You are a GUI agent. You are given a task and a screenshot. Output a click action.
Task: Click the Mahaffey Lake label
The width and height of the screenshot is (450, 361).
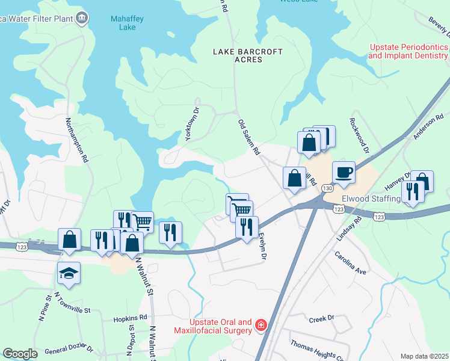(123, 23)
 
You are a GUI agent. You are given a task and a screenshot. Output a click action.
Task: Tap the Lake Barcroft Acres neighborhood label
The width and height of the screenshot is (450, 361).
(247, 55)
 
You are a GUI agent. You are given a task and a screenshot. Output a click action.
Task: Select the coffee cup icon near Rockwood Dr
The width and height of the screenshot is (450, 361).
(343, 172)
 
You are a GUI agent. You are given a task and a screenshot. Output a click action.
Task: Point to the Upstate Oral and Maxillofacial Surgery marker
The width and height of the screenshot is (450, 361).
(260, 326)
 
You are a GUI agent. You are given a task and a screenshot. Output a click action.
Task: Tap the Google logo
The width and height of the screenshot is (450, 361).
(20, 354)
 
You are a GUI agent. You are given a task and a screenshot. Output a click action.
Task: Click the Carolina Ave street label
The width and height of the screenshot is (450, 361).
(351, 263)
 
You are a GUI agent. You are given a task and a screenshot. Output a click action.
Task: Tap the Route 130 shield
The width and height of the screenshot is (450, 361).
(327, 188)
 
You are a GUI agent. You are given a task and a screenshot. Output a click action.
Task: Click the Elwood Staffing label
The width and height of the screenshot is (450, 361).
(371, 199)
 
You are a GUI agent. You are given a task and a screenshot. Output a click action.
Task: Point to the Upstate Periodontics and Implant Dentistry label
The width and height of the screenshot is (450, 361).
(408, 51)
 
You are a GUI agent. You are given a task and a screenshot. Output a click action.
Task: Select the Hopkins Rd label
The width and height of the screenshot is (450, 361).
(130, 317)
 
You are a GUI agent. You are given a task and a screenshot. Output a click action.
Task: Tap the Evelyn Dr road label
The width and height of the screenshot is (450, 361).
(261, 246)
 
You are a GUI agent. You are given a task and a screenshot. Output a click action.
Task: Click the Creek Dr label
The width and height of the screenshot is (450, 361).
(321, 318)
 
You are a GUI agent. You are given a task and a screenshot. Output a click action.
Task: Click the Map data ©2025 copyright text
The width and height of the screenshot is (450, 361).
(425, 356)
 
